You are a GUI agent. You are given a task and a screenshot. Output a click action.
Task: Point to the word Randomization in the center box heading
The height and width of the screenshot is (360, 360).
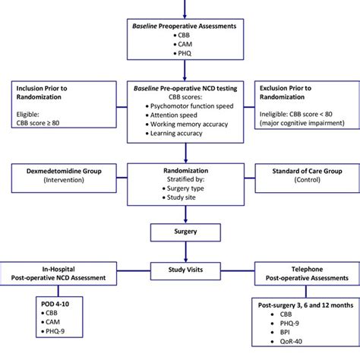pos(180,171)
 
